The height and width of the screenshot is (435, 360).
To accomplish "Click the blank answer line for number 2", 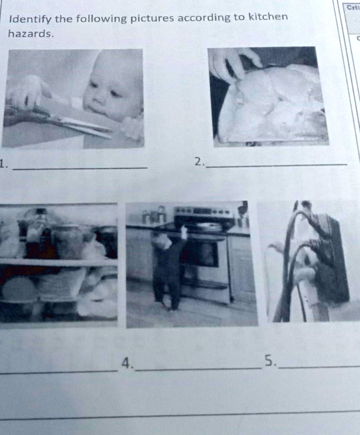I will tap(276, 165).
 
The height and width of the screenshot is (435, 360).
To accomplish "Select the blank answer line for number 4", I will tap(197, 368).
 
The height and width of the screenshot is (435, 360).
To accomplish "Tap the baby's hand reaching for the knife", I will tap(25, 91).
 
